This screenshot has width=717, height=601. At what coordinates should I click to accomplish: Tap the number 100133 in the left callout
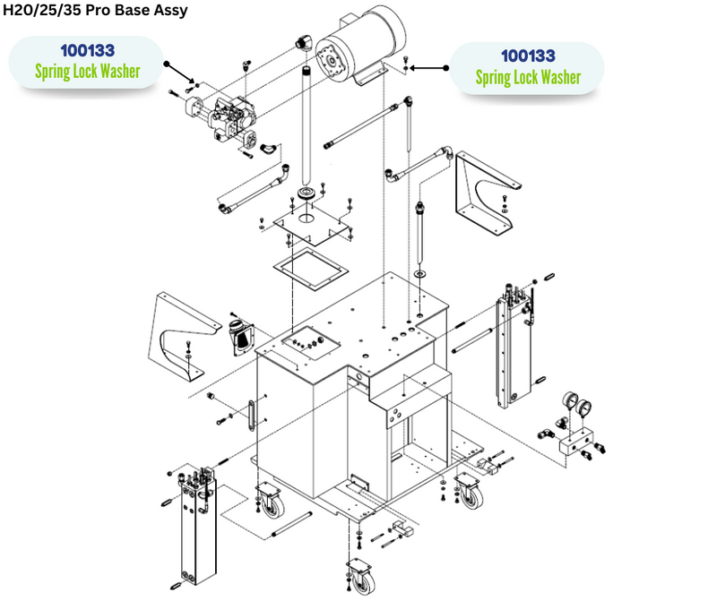(x=87, y=50)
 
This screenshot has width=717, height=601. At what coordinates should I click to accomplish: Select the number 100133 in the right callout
(x=527, y=56)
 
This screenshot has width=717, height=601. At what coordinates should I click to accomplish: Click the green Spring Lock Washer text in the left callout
(x=87, y=71)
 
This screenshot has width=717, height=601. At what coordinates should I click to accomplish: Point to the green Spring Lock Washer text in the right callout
(x=527, y=78)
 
